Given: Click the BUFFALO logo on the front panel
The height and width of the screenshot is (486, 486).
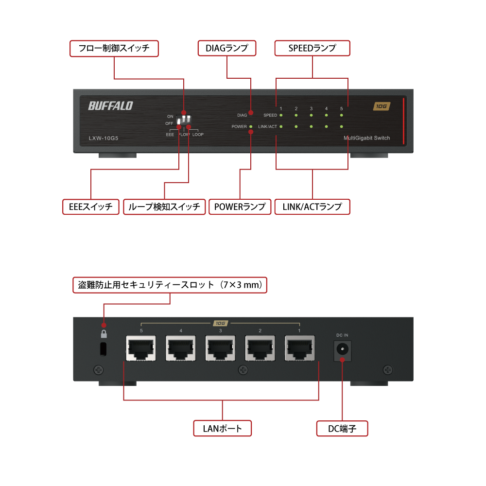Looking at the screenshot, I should (x=110, y=106).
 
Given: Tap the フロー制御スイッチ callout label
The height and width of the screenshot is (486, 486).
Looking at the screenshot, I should (x=114, y=48).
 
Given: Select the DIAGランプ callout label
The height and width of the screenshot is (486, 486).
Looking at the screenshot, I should (x=227, y=48).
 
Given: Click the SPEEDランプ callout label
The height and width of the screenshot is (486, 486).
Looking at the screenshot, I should (x=312, y=48).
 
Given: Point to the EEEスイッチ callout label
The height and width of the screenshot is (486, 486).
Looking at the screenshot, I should (x=91, y=207).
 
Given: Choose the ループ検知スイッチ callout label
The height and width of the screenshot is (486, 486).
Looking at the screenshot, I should (x=164, y=207).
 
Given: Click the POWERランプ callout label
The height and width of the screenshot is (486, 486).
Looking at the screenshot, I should (x=240, y=207).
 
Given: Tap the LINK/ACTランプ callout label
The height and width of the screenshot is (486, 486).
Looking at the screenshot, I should (x=312, y=207).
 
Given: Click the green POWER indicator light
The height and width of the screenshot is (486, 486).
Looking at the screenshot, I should (x=251, y=127).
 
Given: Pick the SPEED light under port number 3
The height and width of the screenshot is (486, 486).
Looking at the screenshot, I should (x=311, y=116).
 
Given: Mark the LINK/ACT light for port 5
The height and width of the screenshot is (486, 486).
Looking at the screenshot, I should (x=342, y=127).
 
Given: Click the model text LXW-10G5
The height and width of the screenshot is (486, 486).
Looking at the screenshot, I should (x=104, y=139).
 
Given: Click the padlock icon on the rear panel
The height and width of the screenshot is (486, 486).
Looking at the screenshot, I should (x=103, y=334).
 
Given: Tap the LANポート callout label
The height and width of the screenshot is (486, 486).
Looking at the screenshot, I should (x=222, y=429).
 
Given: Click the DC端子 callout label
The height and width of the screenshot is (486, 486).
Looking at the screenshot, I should (x=342, y=429).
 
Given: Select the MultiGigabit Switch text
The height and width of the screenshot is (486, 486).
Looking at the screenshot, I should (x=366, y=139).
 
